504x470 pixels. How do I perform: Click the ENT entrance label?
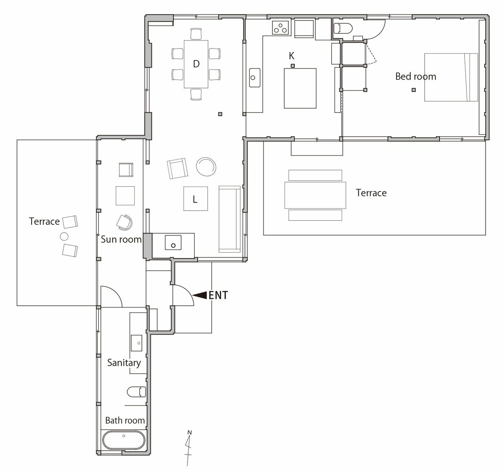[x=218, y=295]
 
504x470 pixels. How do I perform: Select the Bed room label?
[x=416, y=76]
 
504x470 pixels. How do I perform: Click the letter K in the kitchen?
[x=292, y=56]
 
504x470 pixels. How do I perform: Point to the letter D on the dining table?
[x=196, y=64]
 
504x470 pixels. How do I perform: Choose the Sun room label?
[x=121, y=239]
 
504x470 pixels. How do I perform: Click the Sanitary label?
[x=124, y=363]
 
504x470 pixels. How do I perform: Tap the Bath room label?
[x=125, y=420]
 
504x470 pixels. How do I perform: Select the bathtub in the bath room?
[x=124, y=440]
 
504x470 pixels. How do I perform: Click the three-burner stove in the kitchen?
[x=281, y=27]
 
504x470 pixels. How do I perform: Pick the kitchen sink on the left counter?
[x=255, y=78]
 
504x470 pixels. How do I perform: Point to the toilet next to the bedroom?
[x=343, y=29]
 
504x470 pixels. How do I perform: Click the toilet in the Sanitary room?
[x=136, y=392]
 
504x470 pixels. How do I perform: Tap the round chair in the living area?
[x=206, y=166]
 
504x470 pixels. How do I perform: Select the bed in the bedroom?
[x=451, y=77]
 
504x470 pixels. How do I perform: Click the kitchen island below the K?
[x=300, y=88]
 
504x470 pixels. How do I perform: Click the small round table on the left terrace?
[x=64, y=236]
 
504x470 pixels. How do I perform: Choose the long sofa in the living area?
[x=229, y=219]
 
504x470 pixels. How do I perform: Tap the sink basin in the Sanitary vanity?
[x=136, y=343]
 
